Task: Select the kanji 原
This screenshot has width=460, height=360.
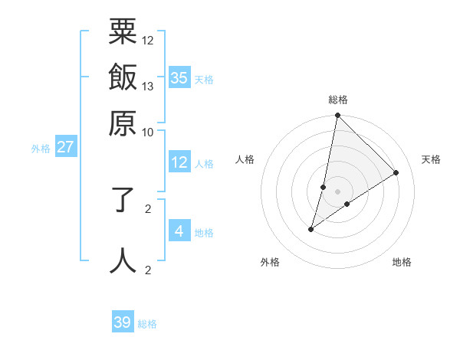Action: [123, 122]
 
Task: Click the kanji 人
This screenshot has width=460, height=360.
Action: [123, 260]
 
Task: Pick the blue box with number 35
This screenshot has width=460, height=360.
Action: [179, 78]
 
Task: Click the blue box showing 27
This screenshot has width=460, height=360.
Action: [65, 147]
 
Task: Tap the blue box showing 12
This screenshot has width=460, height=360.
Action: [179, 162]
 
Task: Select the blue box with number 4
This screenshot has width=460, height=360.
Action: [179, 231]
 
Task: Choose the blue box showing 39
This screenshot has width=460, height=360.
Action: [123, 322]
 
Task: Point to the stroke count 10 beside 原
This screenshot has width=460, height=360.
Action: [148, 131]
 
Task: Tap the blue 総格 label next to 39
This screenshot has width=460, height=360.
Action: [147, 324]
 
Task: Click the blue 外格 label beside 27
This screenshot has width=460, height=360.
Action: [41, 149]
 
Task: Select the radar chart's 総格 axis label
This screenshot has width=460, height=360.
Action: [338, 100]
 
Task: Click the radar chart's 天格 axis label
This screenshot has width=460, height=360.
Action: [432, 159]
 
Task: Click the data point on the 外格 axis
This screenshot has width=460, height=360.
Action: [311, 229]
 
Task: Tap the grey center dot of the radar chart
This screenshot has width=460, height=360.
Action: [338, 191]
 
